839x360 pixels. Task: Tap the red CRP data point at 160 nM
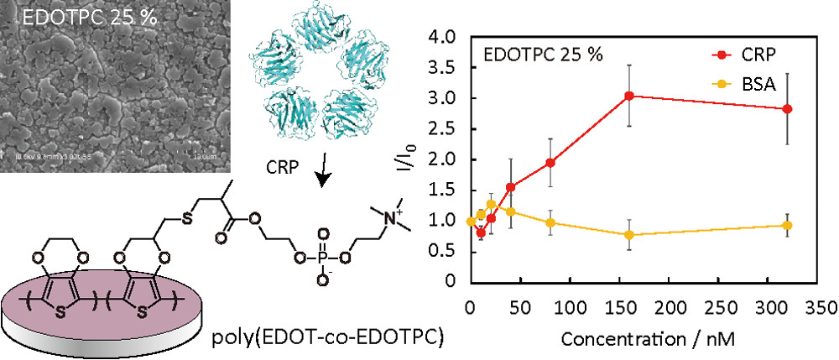[628, 96]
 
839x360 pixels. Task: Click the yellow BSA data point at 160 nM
[628, 235]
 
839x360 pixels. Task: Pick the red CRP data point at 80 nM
[550, 162]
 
